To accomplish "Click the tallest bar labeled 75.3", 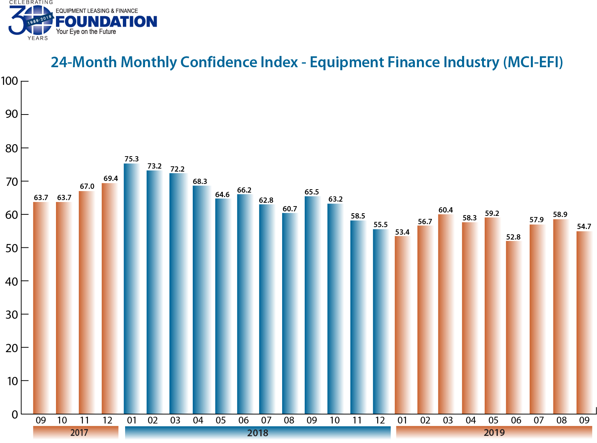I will [x=131, y=289].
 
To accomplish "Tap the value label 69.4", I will [x=111, y=178].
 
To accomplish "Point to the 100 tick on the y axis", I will [x=10, y=81].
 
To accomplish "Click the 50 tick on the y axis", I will [x=12, y=248].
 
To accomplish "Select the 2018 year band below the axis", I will [x=258, y=433].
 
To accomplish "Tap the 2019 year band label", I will [x=494, y=432].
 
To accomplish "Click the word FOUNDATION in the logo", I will [x=106, y=22].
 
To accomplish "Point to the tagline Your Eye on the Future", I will [x=86, y=32].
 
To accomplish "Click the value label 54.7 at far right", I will [x=584, y=226].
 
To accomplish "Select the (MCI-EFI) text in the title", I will [x=533, y=62].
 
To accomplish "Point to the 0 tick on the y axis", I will [x=15, y=414].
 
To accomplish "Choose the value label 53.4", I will [x=402, y=232].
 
